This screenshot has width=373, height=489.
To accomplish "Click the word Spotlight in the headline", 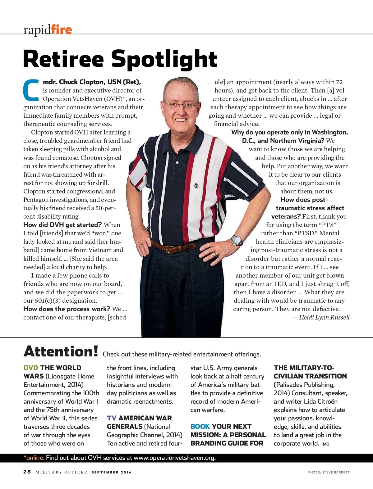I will [x=164, y=59].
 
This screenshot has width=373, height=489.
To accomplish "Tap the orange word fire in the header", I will [x=62, y=30].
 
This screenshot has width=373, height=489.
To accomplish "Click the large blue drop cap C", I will [x=31, y=90].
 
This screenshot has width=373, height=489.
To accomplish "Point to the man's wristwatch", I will [x=237, y=240].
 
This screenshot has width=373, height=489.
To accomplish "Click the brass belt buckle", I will [x=170, y=249].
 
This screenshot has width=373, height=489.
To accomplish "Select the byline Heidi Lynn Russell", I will [x=324, y=317].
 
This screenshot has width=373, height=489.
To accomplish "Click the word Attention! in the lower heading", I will [x=61, y=352].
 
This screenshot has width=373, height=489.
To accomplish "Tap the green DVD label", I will [x=31, y=368].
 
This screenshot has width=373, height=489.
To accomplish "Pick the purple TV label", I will [x=112, y=418].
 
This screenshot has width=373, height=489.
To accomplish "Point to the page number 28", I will [x=27, y=472].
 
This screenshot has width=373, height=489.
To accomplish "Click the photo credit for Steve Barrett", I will [x=329, y=472].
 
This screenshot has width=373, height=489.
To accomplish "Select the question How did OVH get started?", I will [x=62, y=225].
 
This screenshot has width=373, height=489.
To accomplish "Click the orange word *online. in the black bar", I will [x=34, y=458].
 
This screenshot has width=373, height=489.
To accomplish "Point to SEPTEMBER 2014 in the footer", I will [x=111, y=472].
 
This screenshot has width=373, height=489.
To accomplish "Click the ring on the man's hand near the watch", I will [x=215, y=255].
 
